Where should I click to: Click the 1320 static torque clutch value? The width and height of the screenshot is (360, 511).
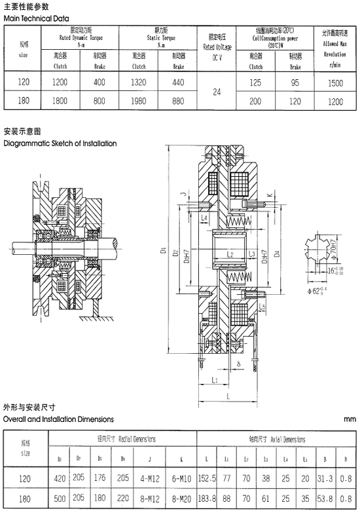140,83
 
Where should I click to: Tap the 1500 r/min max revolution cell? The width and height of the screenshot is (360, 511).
335,83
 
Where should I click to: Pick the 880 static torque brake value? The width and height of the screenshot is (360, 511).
179,101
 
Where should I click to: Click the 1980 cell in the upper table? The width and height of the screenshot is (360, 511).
140,101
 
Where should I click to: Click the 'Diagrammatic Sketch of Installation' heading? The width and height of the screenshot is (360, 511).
60,143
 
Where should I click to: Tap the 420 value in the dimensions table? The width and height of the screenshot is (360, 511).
60,478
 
